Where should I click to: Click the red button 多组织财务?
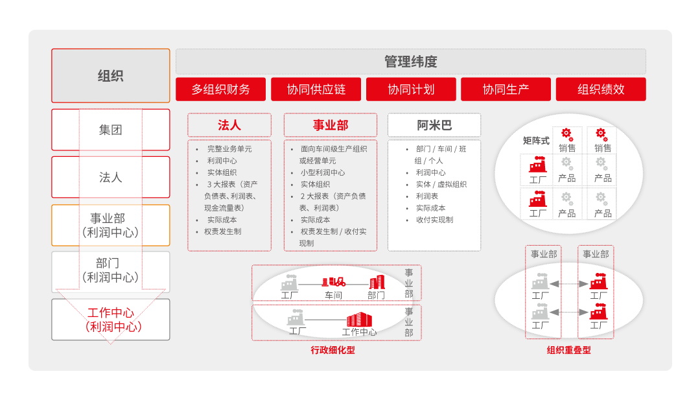coord(220,89)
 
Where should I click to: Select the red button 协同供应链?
coord(316,89)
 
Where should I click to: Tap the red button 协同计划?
coord(411,89)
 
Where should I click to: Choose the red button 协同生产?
coord(506,89)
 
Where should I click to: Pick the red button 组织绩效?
coord(601,89)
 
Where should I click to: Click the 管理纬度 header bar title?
coord(411,62)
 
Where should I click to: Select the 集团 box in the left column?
coord(111,130)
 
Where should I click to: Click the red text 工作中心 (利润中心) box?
coord(111,320)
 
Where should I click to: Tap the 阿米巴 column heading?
coord(434,125)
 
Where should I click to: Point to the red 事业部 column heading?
coord(331,125)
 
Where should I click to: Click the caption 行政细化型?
coord(332,350)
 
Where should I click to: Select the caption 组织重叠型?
coord(569,350)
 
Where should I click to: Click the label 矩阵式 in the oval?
coord(536,141)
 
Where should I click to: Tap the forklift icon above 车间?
coord(334,282)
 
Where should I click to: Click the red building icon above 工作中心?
coord(359,320)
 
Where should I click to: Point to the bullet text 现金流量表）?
coord(224,208)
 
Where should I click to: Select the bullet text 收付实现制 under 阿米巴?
coord(434,220)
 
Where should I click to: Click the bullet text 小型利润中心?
coord(322,172)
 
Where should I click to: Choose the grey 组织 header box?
coord(111,76)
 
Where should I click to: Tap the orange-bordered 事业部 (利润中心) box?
coord(111,225)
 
